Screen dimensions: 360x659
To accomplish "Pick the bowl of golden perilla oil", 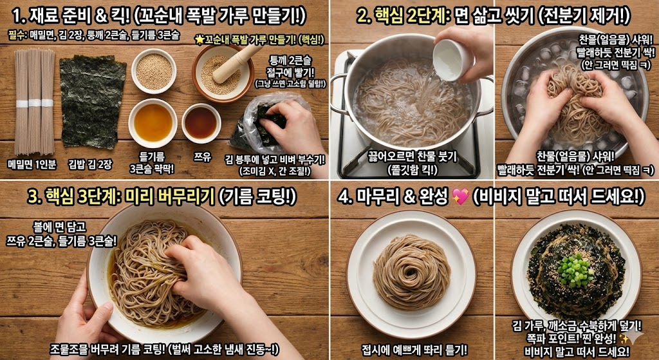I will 153,122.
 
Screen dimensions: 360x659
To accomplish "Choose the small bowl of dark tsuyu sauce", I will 201,122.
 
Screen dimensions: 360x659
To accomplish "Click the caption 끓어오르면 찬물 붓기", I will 413,155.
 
